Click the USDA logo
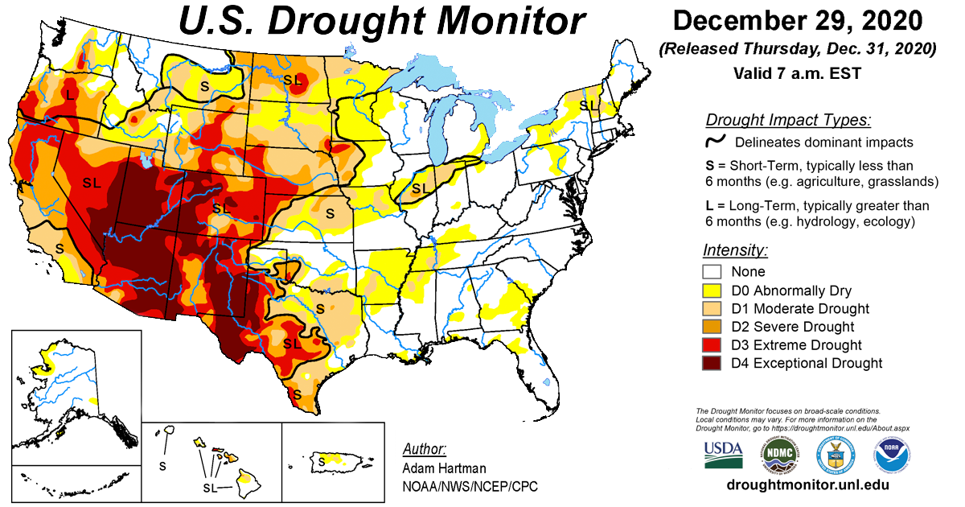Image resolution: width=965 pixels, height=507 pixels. [723, 455]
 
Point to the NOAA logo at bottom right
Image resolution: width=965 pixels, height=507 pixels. [892, 455]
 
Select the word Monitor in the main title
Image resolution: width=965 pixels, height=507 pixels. [491, 22]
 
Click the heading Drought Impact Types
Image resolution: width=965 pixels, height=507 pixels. [787, 121]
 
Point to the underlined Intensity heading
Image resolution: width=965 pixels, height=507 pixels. [735, 249]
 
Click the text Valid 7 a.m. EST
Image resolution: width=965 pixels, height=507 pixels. [797, 73]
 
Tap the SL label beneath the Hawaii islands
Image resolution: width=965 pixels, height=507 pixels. [211, 488]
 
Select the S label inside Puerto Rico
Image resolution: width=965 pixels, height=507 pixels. [322, 461]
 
